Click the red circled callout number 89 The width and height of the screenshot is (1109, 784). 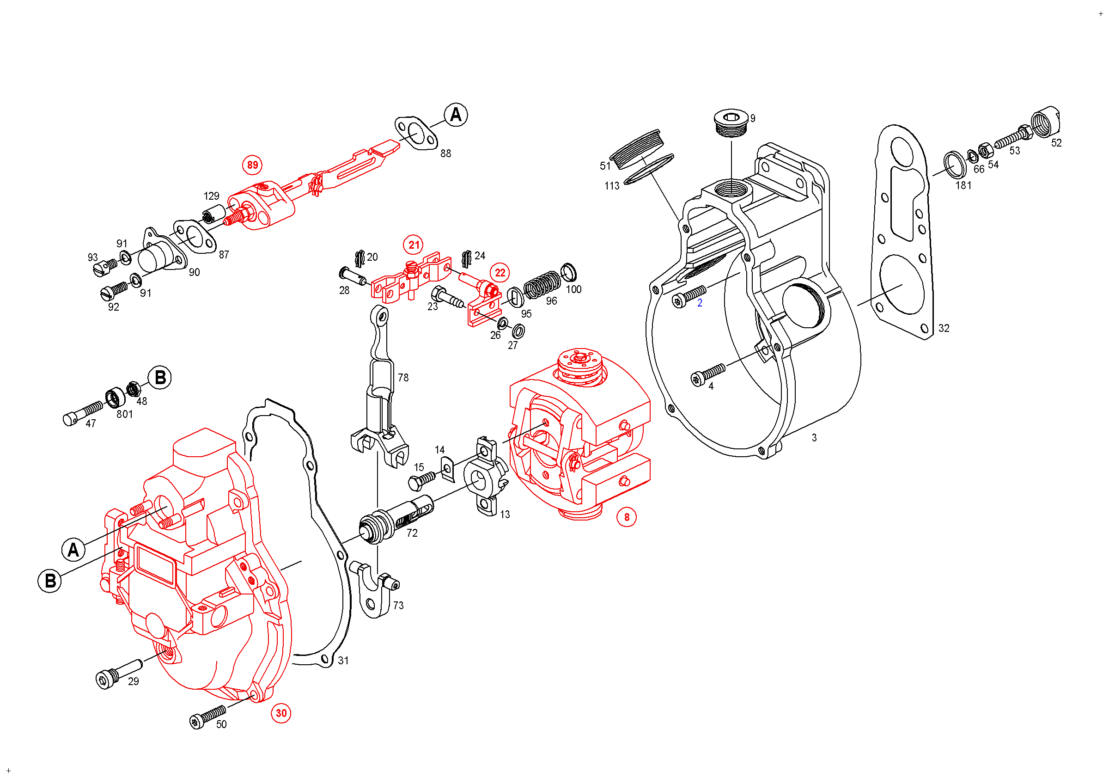(x=252, y=165)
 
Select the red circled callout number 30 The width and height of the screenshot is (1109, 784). (x=281, y=713)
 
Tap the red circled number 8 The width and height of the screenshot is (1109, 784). (x=627, y=517)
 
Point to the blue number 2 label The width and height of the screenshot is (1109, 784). (x=700, y=303)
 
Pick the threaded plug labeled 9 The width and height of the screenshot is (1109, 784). (x=731, y=122)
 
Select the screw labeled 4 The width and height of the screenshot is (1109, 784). (x=707, y=374)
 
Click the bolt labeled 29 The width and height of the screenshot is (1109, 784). (x=116, y=673)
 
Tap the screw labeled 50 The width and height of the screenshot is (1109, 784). (x=207, y=716)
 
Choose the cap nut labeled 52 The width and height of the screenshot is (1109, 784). (x=1045, y=121)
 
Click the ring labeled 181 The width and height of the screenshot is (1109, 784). (x=955, y=165)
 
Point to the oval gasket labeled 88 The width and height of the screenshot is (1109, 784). (x=416, y=133)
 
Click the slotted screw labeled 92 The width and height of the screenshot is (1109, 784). (x=114, y=290)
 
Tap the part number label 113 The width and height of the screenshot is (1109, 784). (x=611, y=186)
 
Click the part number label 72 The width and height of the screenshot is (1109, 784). (x=412, y=533)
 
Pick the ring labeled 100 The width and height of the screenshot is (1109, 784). (x=568, y=272)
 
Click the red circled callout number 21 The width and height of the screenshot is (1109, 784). (x=414, y=245)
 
